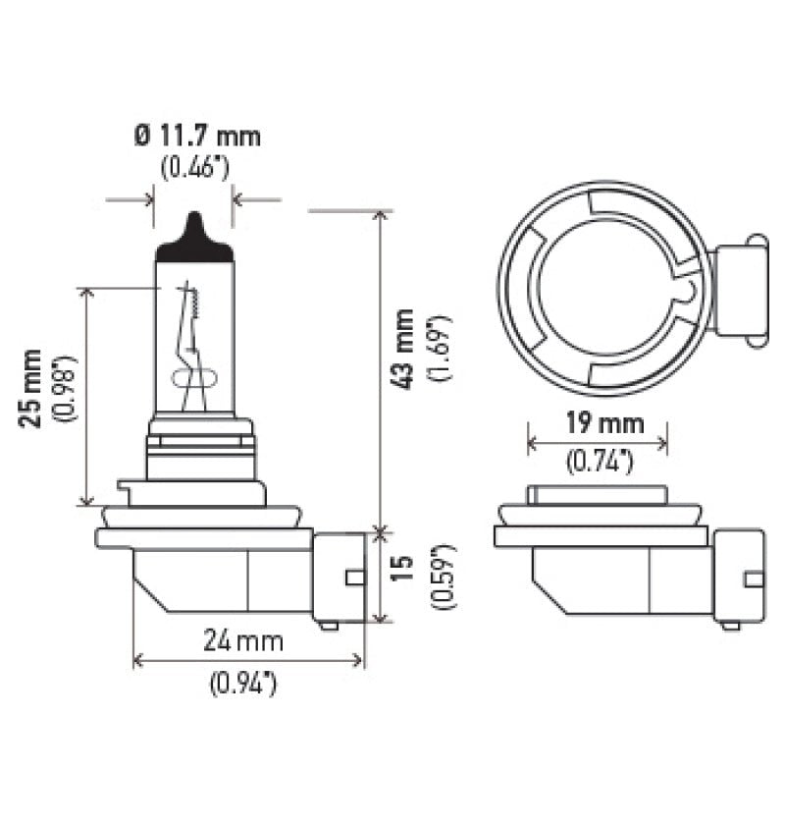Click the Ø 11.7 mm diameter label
[x=197, y=136]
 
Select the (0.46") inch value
[x=194, y=166]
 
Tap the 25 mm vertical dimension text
[x=32, y=388]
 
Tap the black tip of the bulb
[x=193, y=239]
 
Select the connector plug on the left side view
[x=339, y=579]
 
